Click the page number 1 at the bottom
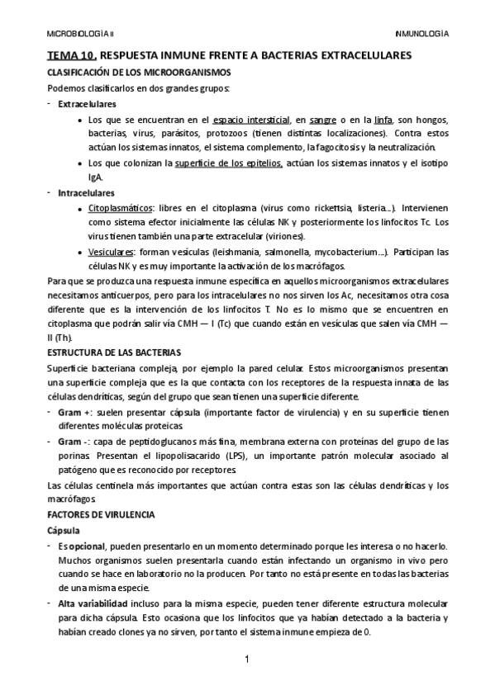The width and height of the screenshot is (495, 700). pos(247,660)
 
